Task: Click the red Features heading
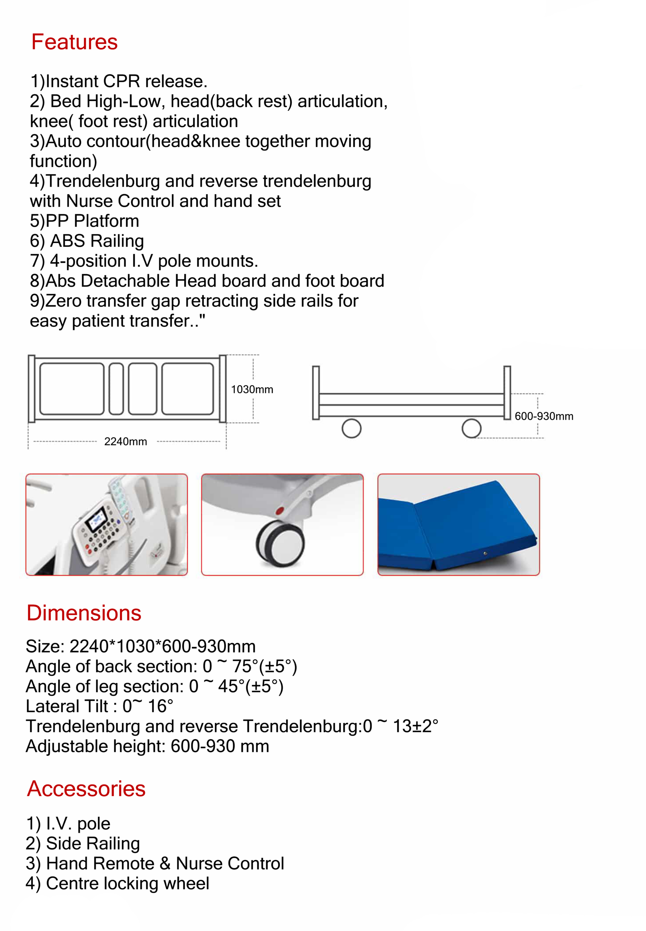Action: pyautogui.click(x=75, y=42)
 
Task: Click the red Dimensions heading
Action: pyautogui.click(x=84, y=613)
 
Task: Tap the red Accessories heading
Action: pyautogui.click(x=86, y=789)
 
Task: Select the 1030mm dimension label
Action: pyautogui.click(x=252, y=389)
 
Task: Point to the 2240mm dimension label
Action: pyautogui.click(x=126, y=441)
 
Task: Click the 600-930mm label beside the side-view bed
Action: pyautogui.click(x=544, y=416)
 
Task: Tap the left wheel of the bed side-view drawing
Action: pyautogui.click(x=351, y=428)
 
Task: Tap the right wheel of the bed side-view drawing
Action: pyautogui.click(x=471, y=428)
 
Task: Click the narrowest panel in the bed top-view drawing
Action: pyautogui.click(x=116, y=389)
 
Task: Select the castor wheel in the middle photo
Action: pyautogui.click(x=281, y=543)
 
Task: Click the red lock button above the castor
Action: pyautogui.click(x=279, y=511)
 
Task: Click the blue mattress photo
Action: pyautogui.click(x=458, y=524)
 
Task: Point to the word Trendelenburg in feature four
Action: pyautogui.click(x=103, y=181)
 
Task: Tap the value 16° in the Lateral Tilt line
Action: pyautogui.click(x=160, y=706)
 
